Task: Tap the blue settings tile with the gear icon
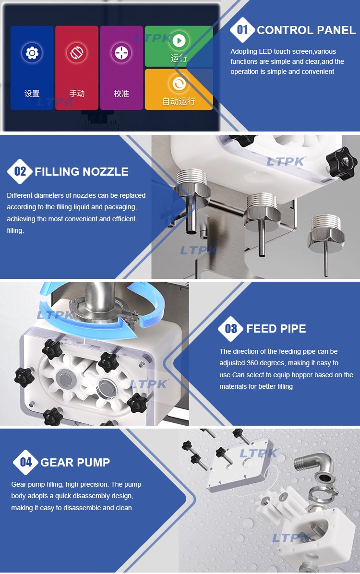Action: coord(32,68)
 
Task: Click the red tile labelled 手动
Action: coord(76,68)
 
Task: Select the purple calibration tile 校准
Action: coord(121,68)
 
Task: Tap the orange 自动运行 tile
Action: coord(179,90)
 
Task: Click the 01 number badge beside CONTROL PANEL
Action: coord(242,30)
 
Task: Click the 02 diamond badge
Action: coord(20,171)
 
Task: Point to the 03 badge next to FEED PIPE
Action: coord(231,328)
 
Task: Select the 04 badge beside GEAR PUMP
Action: coord(25,462)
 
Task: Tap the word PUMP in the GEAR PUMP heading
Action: coord(93,462)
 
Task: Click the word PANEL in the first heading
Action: coord(338,30)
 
